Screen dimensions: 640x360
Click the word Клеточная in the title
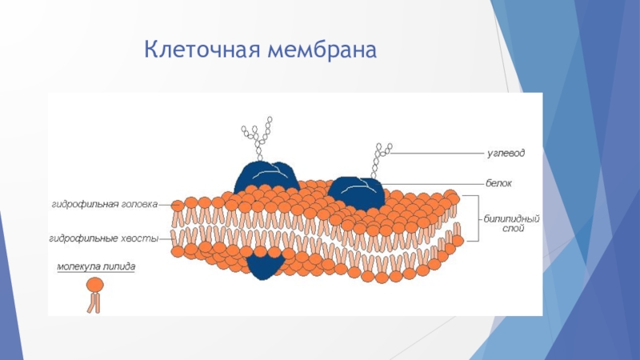click(x=201, y=51)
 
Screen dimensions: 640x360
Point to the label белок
click(x=498, y=183)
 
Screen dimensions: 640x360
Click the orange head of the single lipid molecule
click(x=94, y=284)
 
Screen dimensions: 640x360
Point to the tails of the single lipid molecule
click(x=94, y=302)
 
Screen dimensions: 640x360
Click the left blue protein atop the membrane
click(x=266, y=176)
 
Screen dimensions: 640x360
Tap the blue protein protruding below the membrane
click(x=264, y=266)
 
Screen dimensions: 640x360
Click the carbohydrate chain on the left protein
click(x=258, y=138)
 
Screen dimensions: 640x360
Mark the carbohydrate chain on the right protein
click(x=379, y=160)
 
